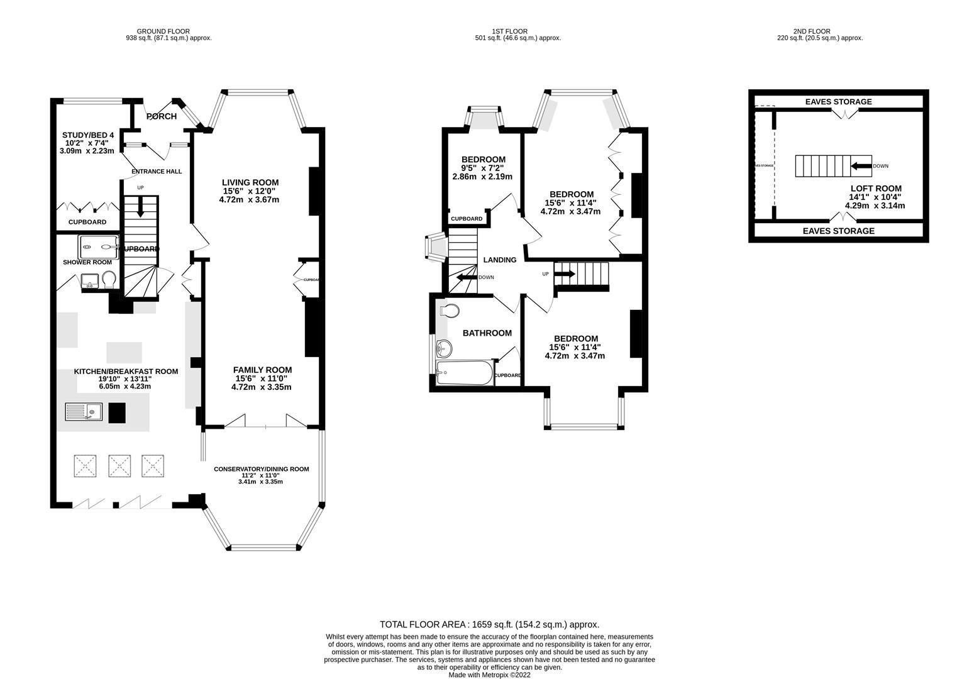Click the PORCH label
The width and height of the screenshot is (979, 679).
click(162, 116)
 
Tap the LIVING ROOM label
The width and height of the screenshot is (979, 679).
click(250, 182)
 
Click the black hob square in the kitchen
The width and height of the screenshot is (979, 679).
click(117, 412)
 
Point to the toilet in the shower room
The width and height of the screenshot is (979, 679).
click(109, 279)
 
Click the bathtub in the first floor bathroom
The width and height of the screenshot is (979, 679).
click(462, 373)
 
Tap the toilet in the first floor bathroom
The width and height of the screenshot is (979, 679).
click(450, 311)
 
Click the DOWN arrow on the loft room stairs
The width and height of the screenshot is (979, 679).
click(860, 167)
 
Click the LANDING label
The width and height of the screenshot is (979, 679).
click(500, 260)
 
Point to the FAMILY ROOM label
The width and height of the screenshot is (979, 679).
click(262, 370)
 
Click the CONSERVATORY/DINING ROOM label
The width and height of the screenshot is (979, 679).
click(261, 469)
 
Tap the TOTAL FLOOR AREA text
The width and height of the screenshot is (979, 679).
click(489, 624)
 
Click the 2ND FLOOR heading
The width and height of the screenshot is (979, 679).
click(811, 31)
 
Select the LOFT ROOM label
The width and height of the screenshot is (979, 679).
click(875, 188)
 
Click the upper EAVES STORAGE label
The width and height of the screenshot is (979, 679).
click(839, 102)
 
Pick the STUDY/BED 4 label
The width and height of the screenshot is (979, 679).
click(87, 135)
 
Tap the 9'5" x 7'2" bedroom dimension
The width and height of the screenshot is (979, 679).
click(482, 168)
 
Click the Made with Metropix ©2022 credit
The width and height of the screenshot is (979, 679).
click(489, 675)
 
